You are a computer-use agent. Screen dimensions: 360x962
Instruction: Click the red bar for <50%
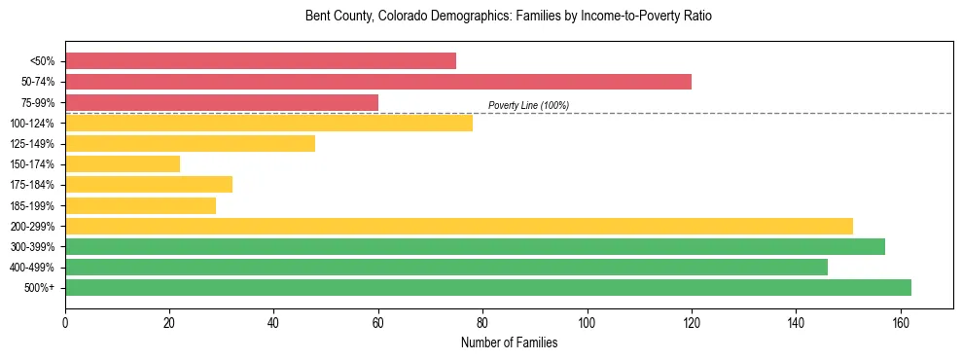pyautogui.click(x=261, y=61)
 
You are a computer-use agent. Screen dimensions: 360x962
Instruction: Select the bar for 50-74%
pyautogui.click(x=378, y=82)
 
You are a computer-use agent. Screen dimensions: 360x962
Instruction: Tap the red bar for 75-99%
pyautogui.click(x=222, y=102)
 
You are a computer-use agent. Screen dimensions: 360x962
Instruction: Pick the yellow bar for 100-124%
pyautogui.click(x=268, y=123)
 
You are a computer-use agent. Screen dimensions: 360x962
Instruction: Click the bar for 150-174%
pyautogui.click(x=123, y=163)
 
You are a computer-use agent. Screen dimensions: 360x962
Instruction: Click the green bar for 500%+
pyautogui.click(x=488, y=287)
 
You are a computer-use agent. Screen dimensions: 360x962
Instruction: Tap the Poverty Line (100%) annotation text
pyautogui.click(x=528, y=105)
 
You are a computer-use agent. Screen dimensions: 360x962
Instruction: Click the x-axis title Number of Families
pyautogui.click(x=510, y=342)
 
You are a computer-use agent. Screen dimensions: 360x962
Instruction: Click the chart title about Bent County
pyautogui.click(x=510, y=17)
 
